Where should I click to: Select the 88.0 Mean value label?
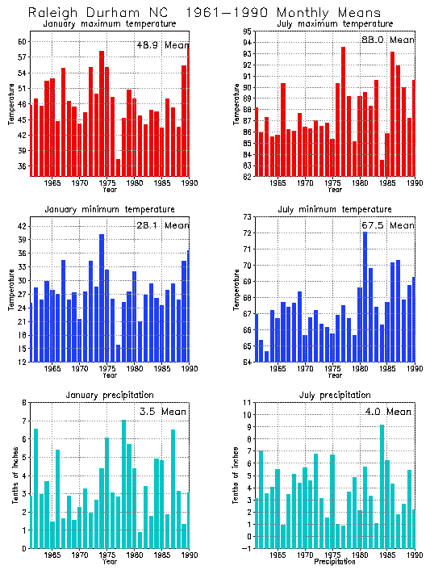tap(387, 40)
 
